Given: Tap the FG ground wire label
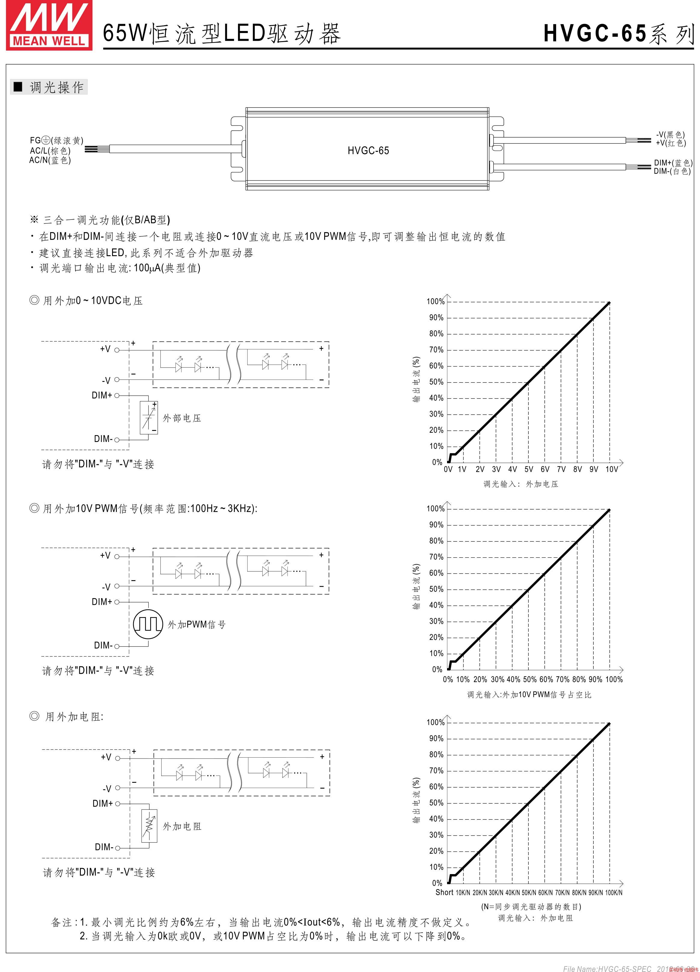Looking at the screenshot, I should coord(56,141).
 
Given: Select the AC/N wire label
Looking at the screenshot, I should coord(50,160).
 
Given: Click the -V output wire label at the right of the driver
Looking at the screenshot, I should coord(670,135).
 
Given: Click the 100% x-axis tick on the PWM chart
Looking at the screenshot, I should coord(614,679).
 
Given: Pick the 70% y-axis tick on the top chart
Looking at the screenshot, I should coord(437,350).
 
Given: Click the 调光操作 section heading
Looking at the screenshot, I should coord(56,87).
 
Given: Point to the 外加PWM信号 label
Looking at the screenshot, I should coord(196,625).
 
